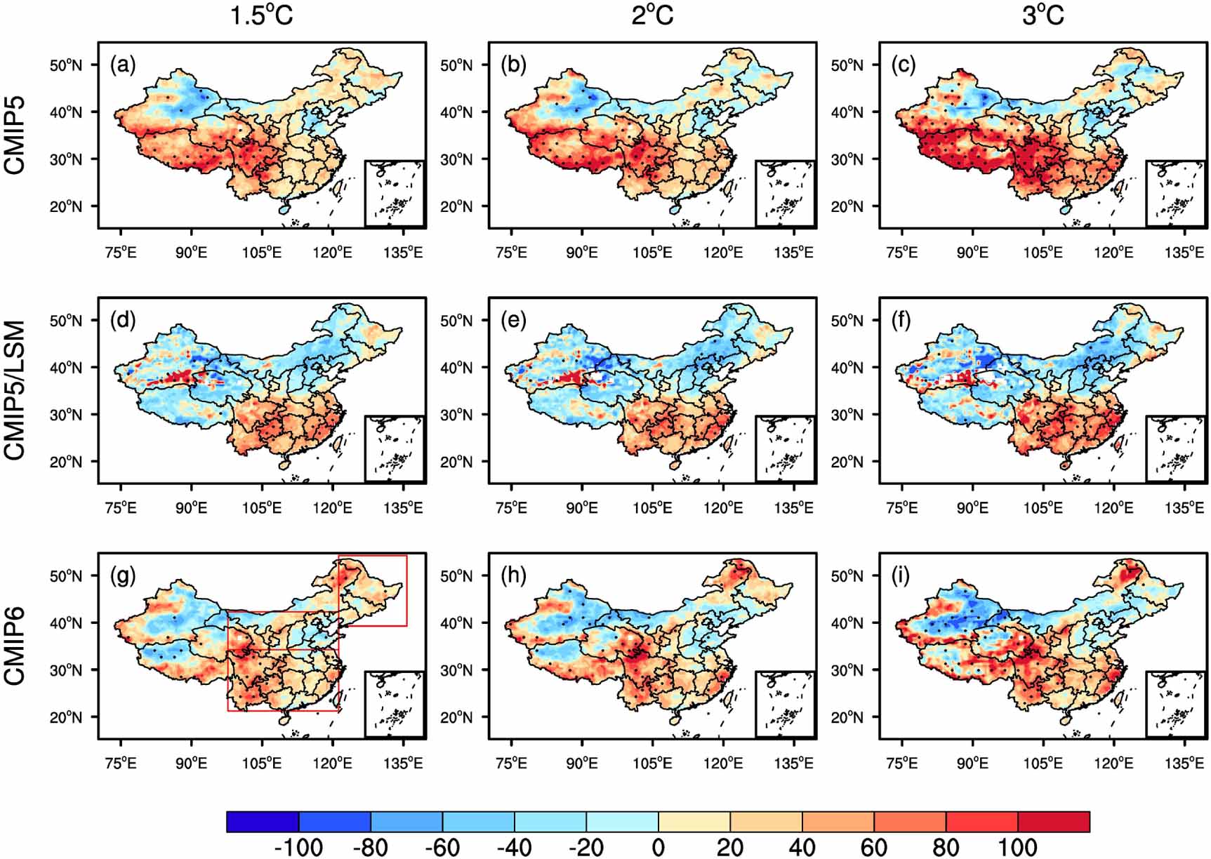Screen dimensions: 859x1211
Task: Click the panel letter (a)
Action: pyautogui.click(x=123, y=65)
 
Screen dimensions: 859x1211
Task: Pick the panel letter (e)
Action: pyautogui.click(x=513, y=321)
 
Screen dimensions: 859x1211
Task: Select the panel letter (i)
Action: pyautogui.click(x=900, y=576)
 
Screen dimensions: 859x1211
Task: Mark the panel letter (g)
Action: pyautogui.click(x=123, y=576)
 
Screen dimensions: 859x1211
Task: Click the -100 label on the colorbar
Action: pyautogui.click(x=298, y=847)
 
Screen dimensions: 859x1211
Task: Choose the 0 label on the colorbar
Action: pyautogui.click(x=658, y=847)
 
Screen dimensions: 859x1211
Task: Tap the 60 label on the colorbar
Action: pyautogui.click(x=873, y=847)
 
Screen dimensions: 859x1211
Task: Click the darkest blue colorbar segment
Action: pyautogui.click(x=263, y=822)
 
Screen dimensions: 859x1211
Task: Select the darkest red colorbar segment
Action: pyautogui.click(x=1053, y=822)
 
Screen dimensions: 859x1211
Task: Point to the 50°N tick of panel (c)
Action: pyautogui.click(x=847, y=65)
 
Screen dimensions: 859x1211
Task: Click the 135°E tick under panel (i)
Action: pyautogui.click(x=1184, y=763)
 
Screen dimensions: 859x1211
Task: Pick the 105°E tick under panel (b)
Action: pyautogui.click(x=652, y=252)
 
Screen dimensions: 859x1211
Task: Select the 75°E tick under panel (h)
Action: pyautogui.click(x=511, y=763)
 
